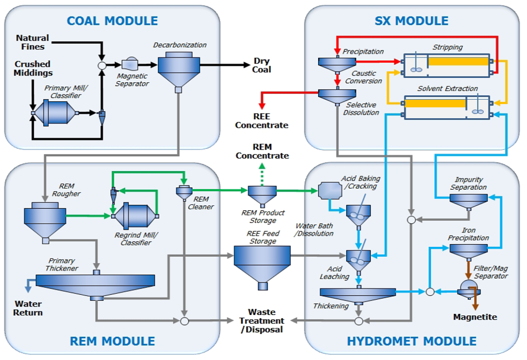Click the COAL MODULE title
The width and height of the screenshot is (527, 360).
click(x=112, y=21)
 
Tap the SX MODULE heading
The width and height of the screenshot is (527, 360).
click(x=411, y=21)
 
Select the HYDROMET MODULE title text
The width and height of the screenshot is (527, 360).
click(x=411, y=341)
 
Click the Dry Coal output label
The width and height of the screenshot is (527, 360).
click(x=261, y=65)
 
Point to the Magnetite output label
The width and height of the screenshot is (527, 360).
click(x=475, y=317)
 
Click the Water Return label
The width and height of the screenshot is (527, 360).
click(x=28, y=308)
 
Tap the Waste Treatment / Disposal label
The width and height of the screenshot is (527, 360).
click(x=262, y=321)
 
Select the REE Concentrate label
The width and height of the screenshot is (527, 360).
click(x=262, y=121)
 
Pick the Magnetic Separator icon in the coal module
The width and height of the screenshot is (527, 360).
click(x=130, y=64)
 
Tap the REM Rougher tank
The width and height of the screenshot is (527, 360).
click(x=45, y=219)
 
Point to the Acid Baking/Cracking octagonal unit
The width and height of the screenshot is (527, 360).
click(x=330, y=190)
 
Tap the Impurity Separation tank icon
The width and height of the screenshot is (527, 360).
click(x=468, y=200)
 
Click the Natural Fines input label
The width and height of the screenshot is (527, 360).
click(x=33, y=42)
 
